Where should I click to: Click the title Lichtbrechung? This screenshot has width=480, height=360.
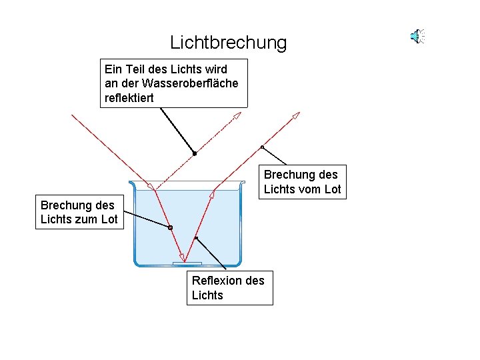click(x=228, y=43)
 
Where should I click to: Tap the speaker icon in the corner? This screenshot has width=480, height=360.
click(x=417, y=36)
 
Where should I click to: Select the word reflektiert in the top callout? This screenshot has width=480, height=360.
click(x=129, y=98)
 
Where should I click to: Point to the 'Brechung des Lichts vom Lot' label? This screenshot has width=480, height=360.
click(x=302, y=182)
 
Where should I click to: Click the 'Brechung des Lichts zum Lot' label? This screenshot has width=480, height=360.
click(x=79, y=212)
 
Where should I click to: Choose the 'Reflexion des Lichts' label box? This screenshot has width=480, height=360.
click(x=229, y=288)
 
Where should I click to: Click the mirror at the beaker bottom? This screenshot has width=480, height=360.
click(x=187, y=264)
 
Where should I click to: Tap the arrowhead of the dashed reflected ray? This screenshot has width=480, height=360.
click(x=237, y=117)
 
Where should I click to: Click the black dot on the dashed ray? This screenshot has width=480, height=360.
click(x=194, y=153)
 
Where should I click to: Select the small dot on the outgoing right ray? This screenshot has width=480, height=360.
click(x=262, y=147)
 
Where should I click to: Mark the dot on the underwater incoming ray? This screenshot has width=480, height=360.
click(x=170, y=227)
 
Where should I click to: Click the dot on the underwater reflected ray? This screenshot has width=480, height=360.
click(x=196, y=238)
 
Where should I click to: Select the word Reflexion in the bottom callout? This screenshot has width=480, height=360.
click(x=217, y=281)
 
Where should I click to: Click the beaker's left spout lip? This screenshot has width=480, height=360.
click(x=132, y=183)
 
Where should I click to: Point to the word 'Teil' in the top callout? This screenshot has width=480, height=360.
click(x=136, y=69)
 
